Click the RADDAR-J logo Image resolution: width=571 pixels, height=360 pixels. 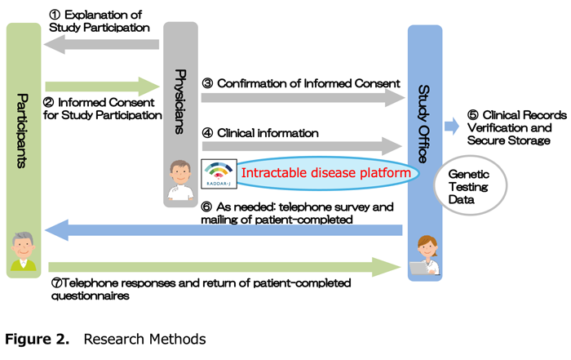tap(218, 173)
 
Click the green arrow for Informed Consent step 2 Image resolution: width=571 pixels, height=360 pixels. tap(102, 86)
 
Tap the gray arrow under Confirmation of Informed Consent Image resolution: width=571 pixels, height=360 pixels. tap(302, 98)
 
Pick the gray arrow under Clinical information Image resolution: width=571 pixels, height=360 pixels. tap(302, 147)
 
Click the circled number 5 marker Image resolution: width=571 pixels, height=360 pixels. tap(473, 115)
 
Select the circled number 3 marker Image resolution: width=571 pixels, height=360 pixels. tap(207, 82)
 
